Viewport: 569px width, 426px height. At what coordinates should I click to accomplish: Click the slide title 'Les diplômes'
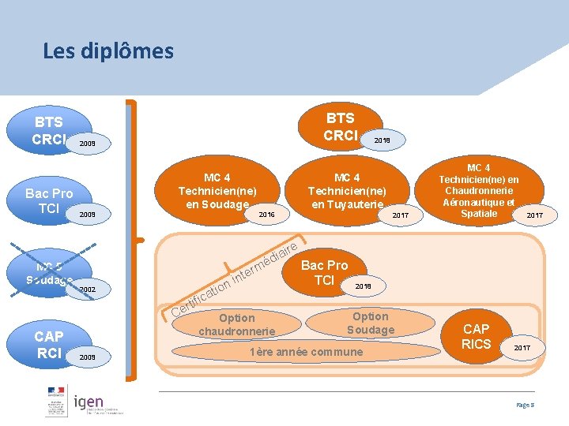click(108, 52)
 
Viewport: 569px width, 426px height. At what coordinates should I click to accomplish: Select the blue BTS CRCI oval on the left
click(48, 130)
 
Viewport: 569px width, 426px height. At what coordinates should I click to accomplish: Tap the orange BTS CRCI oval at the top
click(340, 126)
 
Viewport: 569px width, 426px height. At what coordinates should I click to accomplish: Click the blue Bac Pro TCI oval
click(48, 200)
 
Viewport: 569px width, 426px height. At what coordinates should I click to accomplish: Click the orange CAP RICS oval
click(477, 336)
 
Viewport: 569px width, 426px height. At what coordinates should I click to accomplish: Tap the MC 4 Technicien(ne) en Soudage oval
click(217, 190)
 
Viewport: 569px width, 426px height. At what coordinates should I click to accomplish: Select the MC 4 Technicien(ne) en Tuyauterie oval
click(347, 191)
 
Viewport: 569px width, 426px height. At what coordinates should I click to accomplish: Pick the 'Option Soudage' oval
click(370, 322)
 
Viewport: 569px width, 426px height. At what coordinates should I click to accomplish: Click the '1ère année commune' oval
click(306, 352)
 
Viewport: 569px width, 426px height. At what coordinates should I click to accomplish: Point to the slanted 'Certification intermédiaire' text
click(236, 278)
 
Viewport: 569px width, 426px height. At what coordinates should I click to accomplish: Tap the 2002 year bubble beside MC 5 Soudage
click(88, 290)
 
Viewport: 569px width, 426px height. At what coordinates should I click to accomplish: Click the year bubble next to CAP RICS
click(523, 347)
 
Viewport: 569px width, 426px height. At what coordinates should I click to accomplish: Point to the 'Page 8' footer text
click(525, 405)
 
